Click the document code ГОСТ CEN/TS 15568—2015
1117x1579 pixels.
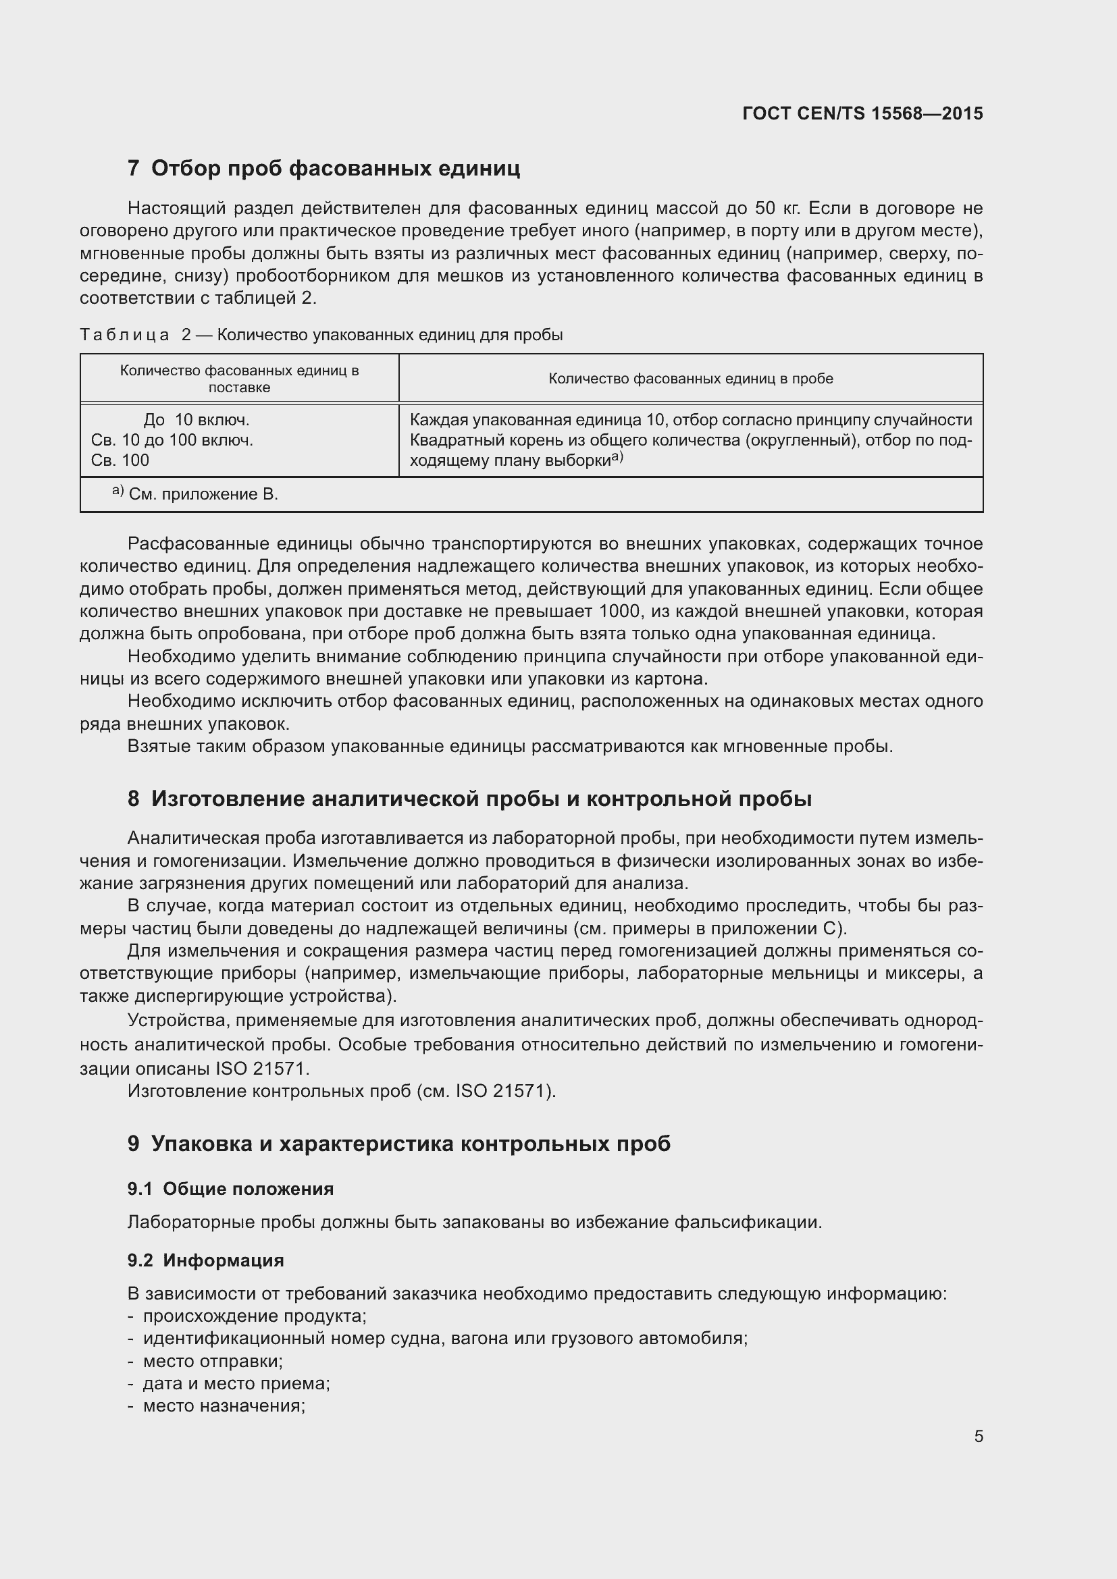click(862, 113)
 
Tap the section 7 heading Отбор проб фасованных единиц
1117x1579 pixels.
click(323, 168)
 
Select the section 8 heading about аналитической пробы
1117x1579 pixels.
click(470, 799)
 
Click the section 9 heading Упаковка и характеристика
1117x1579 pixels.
click(399, 1143)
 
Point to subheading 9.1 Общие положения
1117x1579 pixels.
click(230, 1188)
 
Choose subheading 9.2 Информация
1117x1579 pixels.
click(206, 1260)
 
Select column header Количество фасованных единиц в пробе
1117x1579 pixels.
click(691, 378)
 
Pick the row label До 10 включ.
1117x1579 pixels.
click(196, 419)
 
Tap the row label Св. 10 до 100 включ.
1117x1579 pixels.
click(172, 440)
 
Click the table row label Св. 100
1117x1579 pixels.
click(120, 460)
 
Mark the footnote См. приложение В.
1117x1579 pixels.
click(203, 494)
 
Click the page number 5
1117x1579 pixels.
click(979, 1436)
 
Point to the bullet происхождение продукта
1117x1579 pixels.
click(255, 1316)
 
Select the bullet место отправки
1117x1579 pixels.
click(213, 1361)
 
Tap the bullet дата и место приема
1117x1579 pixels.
click(236, 1383)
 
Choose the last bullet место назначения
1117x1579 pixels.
click(224, 1406)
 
